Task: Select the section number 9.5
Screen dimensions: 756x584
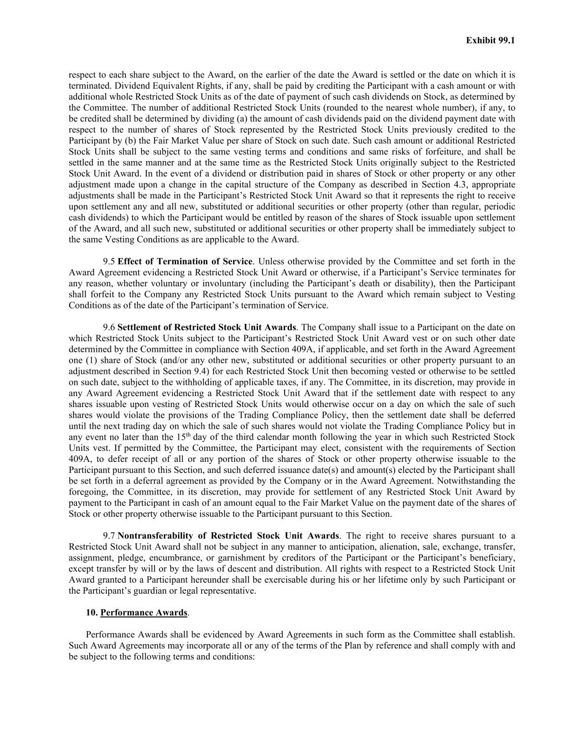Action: click(109, 261)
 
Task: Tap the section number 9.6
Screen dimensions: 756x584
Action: click(109, 327)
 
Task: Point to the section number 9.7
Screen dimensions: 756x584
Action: click(109, 536)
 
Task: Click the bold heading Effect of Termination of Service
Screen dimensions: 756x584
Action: click(185, 261)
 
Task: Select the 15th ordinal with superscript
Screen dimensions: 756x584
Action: click(183, 436)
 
